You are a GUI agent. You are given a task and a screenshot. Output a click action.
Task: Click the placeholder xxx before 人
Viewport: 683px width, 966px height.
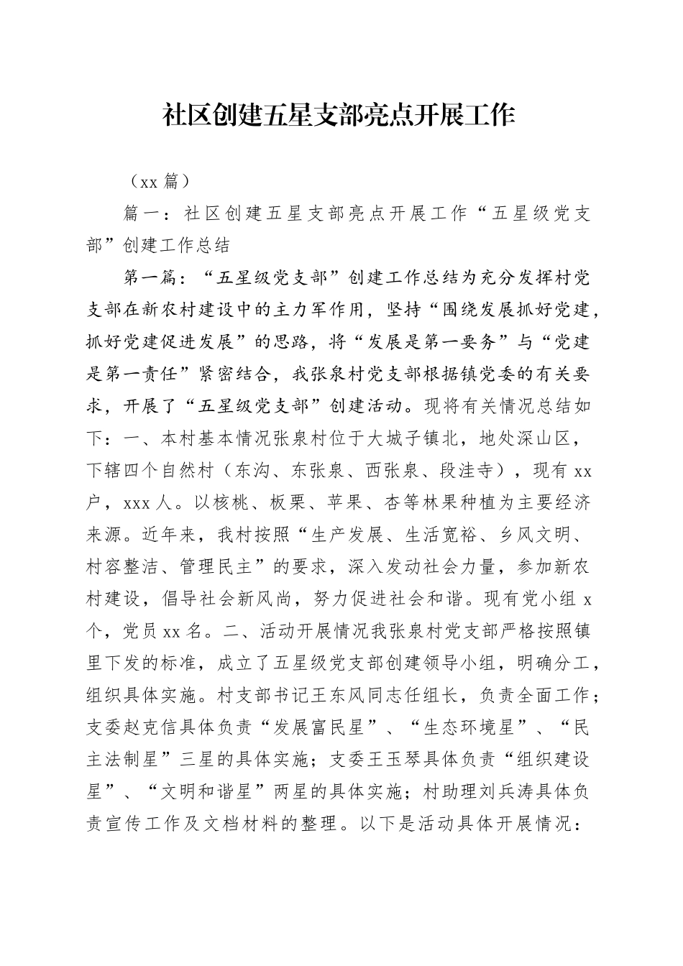pyautogui.click(x=137, y=503)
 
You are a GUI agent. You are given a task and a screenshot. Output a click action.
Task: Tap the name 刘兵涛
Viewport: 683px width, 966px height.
pyautogui.click(x=503, y=792)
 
